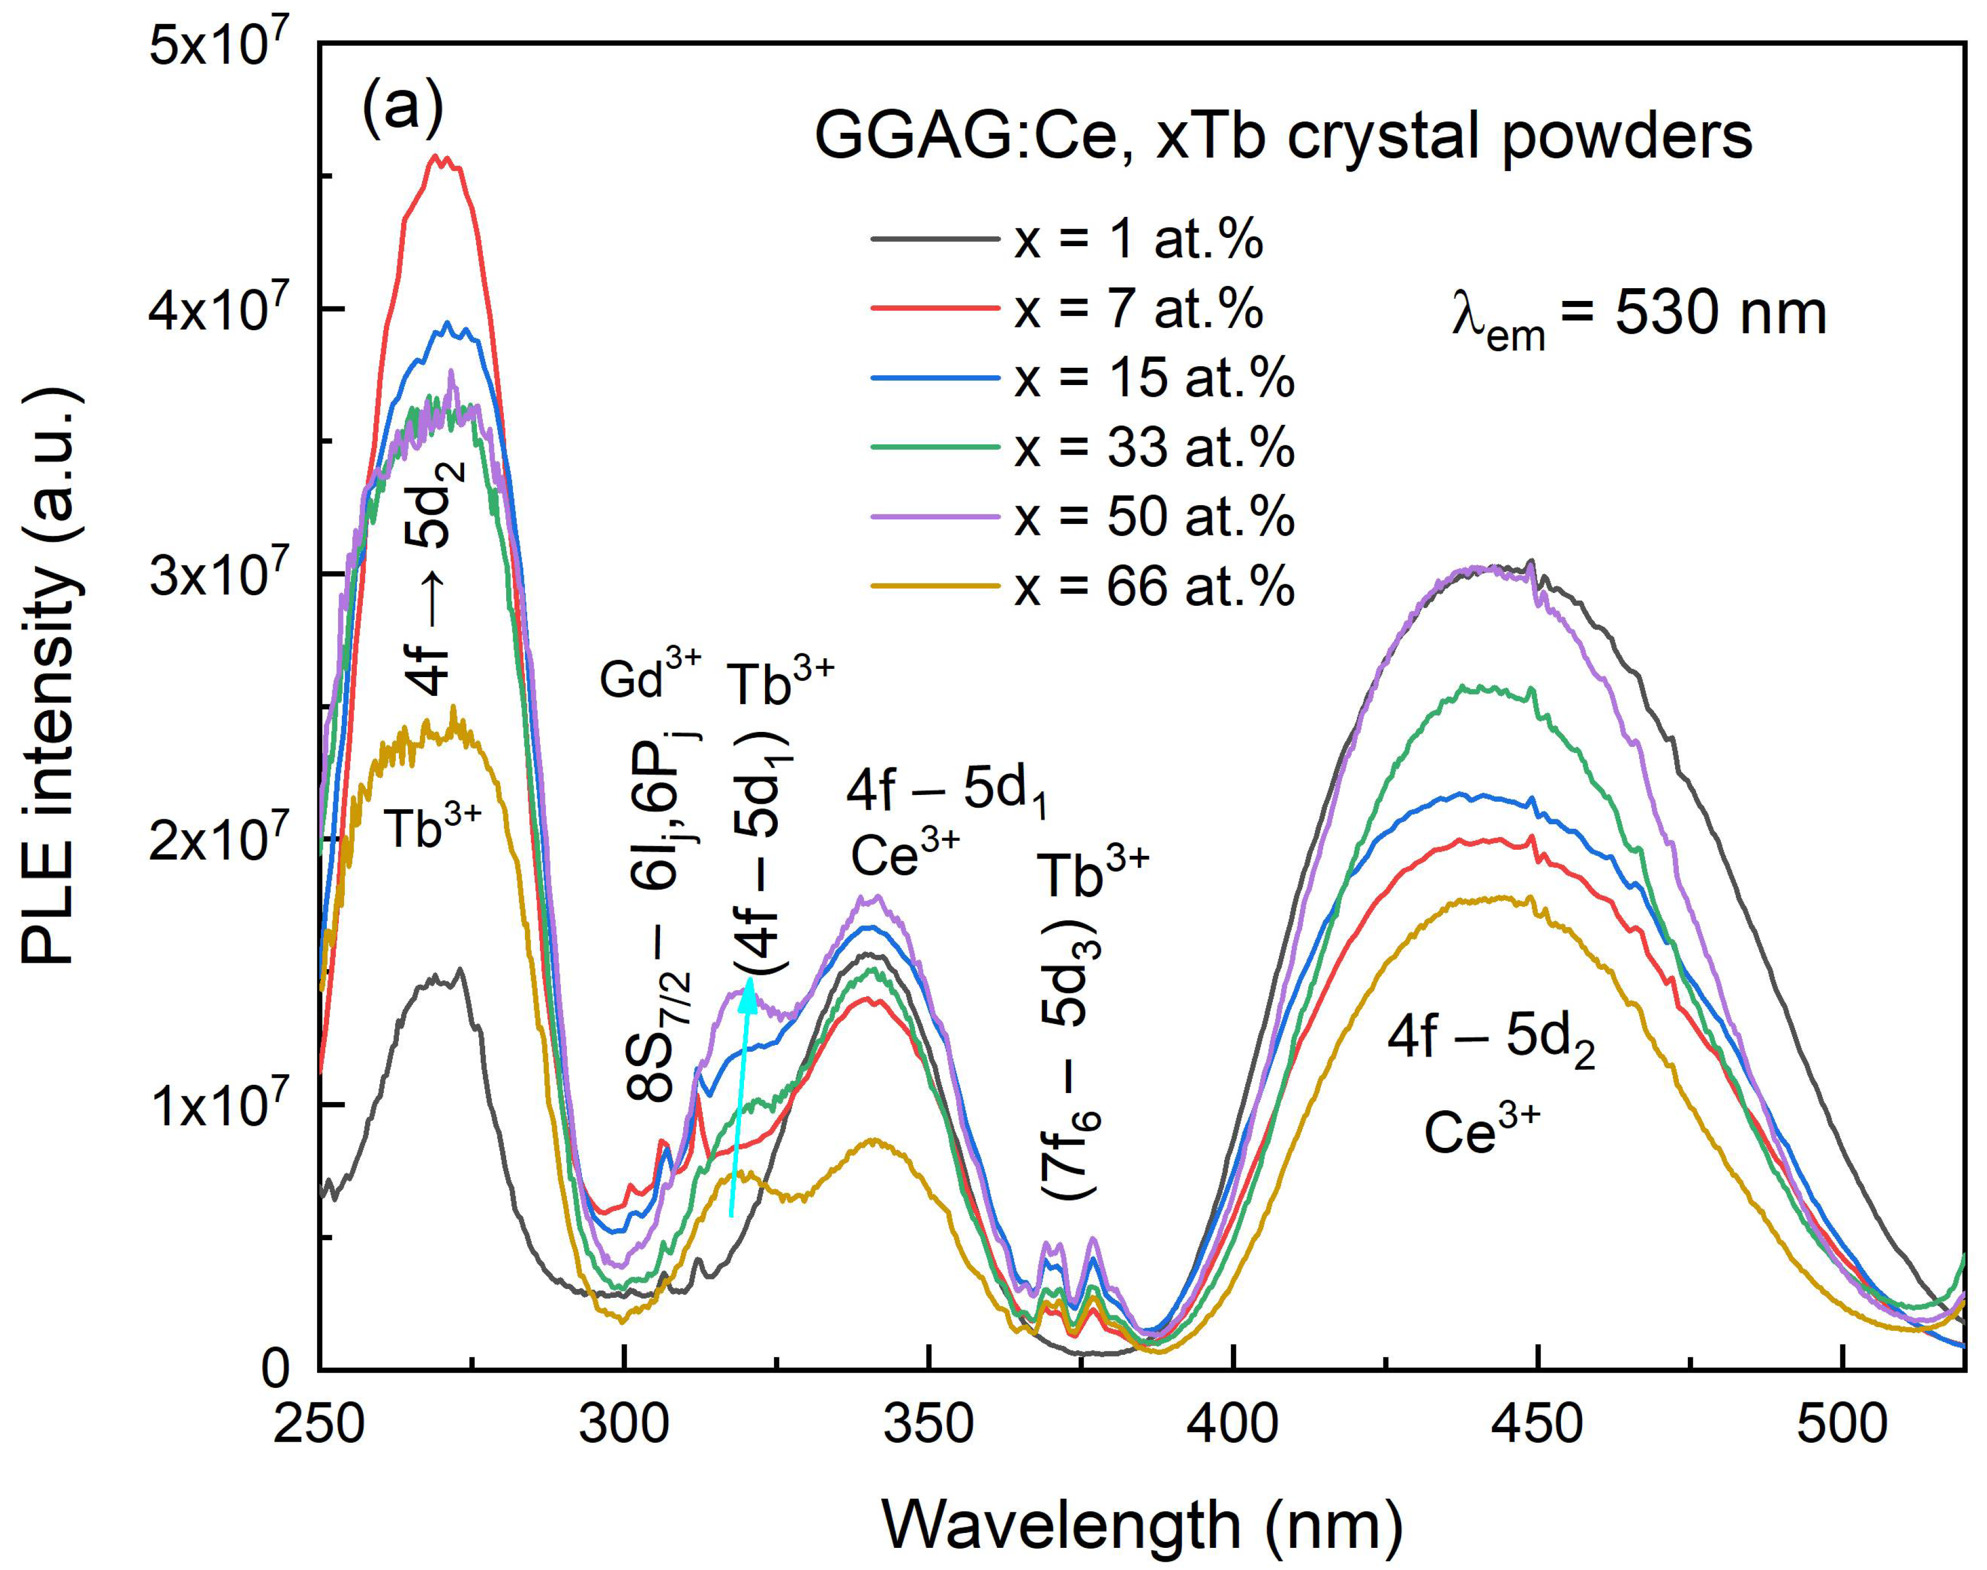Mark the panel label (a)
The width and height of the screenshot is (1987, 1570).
[x=403, y=108]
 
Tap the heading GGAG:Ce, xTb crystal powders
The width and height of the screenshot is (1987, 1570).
[x=1283, y=138]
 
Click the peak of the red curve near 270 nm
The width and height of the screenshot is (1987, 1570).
[x=441, y=158]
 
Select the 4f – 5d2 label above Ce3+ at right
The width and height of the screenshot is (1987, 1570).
[x=1491, y=1042]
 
